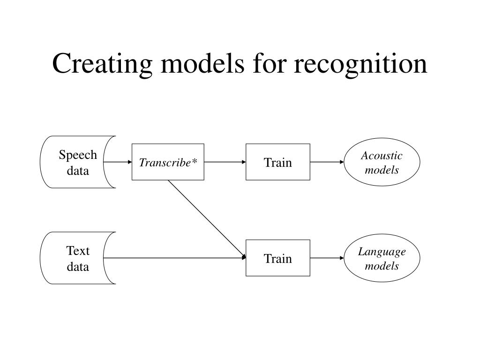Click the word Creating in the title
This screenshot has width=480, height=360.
[x=102, y=64]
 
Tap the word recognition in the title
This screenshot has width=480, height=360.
[x=360, y=64]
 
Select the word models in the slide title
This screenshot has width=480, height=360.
[x=202, y=63]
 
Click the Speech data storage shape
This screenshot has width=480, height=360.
[x=78, y=162]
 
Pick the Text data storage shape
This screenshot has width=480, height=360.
[x=78, y=258]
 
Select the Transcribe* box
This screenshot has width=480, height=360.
[x=168, y=162]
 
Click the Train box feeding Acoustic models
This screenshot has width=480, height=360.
[x=278, y=162]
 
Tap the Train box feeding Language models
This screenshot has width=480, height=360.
[x=278, y=258]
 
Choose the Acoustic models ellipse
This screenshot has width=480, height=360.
[x=382, y=162]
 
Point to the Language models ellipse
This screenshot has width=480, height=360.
[x=382, y=258]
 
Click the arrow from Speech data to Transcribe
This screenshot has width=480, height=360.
[x=118, y=162]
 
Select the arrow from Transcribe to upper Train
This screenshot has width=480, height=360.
[x=225, y=162]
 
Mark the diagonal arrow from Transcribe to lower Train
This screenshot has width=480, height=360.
[x=207, y=219]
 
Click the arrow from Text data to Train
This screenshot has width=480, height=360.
[x=174, y=258]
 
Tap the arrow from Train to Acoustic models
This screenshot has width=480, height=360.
[x=327, y=162]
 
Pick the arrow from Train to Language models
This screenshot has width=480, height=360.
[x=327, y=258]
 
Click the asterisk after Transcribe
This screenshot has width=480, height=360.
[x=195, y=161]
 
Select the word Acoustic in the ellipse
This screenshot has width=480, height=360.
[x=382, y=156]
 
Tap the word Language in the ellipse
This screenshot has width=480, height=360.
[x=382, y=252]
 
